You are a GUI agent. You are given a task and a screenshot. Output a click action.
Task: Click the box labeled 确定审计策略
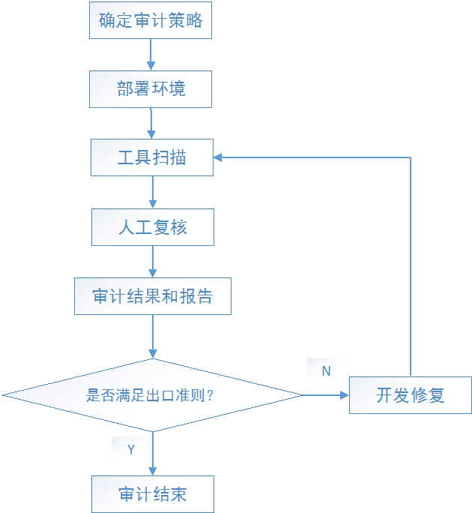tap(151, 20)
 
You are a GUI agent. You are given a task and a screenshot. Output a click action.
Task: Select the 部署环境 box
tap(151, 89)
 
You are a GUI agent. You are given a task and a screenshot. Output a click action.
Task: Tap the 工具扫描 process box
tap(152, 157)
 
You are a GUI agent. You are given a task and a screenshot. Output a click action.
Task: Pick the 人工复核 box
tap(153, 227)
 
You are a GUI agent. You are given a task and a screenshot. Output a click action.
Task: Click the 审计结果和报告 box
tap(153, 296)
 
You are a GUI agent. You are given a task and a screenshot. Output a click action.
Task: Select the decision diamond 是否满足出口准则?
tap(152, 395)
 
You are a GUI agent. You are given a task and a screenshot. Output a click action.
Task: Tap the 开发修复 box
tap(411, 395)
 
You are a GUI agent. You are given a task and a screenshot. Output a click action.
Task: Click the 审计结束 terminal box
tap(153, 494)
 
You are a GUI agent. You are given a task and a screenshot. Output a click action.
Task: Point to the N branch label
tap(326, 371)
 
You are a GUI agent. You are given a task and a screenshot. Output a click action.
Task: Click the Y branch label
tap(131, 449)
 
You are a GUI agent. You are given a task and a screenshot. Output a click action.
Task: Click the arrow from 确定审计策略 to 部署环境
tap(151, 55)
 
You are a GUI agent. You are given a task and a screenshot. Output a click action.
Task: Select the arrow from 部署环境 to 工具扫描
tap(151, 123)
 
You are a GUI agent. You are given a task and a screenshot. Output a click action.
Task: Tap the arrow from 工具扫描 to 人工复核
tap(153, 192)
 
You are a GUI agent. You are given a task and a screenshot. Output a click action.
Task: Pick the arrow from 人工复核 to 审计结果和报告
tap(153, 262)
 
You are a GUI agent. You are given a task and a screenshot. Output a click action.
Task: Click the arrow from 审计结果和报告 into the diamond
tap(153, 337)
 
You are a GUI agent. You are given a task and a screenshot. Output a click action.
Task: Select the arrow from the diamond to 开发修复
tap(325, 395)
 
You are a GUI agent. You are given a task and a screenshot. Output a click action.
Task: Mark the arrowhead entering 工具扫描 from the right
tap(218, 157)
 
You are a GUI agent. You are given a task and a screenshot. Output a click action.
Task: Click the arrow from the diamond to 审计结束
tap(153, 454)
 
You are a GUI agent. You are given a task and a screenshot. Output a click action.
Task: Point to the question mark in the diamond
tap(211, 395)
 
